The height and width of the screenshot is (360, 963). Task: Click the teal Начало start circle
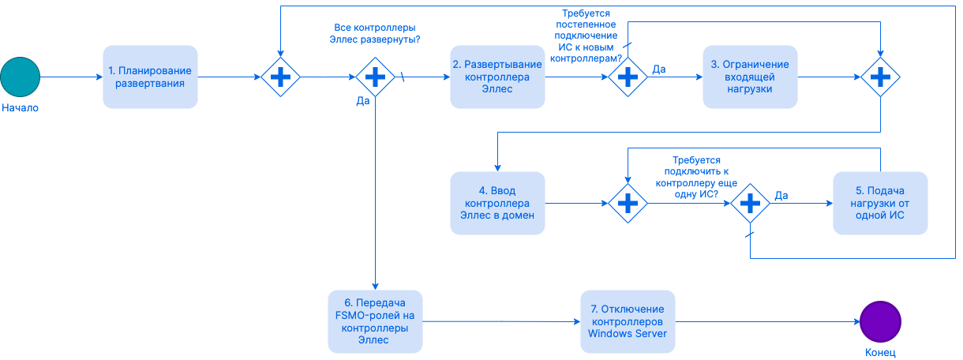[x=20, y=77]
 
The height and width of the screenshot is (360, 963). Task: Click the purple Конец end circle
[x=880, y=322]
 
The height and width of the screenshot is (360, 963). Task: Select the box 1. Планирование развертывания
[x=150, y=77]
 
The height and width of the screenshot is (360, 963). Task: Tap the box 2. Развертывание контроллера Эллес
[x=497, y=77]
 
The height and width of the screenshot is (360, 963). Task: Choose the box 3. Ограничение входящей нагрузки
[x=750, y=77]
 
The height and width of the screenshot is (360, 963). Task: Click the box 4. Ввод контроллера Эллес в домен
[x=497, y=203]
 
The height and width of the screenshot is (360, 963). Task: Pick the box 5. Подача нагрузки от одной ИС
[x=880, y=203]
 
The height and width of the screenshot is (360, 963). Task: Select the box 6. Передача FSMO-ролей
[x=375, y=321]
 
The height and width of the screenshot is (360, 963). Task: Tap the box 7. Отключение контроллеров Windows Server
[x=628, y=321]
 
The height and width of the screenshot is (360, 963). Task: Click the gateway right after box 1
[x=281, y=77]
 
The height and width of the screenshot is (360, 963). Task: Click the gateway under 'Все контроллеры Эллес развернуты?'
[x=375, y=77]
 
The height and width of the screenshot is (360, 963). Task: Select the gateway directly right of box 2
[x=628, y=77]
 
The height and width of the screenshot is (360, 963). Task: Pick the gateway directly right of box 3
[x=880, y=77]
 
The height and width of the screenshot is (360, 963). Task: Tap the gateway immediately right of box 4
[x=628, y=203]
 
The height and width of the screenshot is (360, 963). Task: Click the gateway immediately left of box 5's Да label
[x=749, y=203]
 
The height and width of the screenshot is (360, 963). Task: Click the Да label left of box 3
[x=658, y=69]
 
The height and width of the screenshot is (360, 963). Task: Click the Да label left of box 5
[x=781, y=195]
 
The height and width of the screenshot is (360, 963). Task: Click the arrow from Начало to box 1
[x=71, y=77]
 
